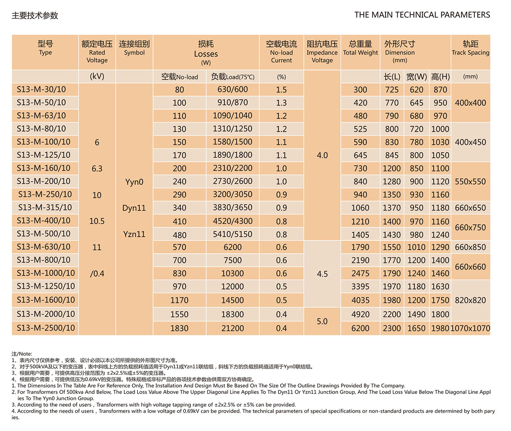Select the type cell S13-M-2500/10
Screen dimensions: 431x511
46,328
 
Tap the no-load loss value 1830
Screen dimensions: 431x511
179,328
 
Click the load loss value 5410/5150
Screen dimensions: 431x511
233,234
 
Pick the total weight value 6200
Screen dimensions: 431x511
360,328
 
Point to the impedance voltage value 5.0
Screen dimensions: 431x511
322,321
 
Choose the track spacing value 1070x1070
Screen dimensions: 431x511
470,328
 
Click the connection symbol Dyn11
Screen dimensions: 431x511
134,208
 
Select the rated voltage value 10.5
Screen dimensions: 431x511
97,221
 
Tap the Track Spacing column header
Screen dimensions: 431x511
471,48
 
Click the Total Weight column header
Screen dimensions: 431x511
360,48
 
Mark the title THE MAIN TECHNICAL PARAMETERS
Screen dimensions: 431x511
422,15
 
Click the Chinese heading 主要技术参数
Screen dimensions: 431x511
35,16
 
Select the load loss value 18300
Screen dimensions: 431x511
233,314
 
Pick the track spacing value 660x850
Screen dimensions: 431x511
470,247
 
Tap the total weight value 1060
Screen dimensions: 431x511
360,208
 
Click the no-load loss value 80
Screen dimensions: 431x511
179,90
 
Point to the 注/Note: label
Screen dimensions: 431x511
22,354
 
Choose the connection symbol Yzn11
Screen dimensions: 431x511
134,234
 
